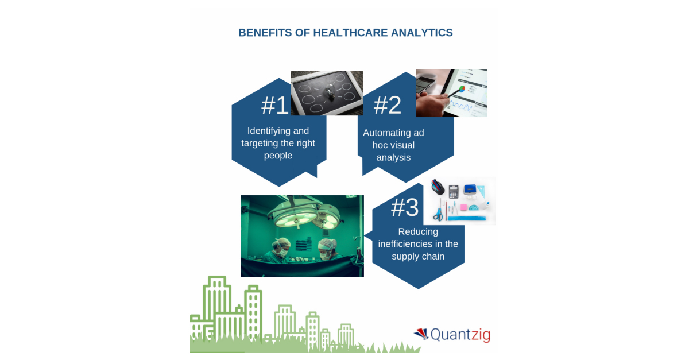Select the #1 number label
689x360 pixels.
[x=275, y=106]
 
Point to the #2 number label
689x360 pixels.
[x=388, y=105]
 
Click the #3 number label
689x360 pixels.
[x=405, y=207]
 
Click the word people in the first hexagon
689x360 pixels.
[x=278, y=155]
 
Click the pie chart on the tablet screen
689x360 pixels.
[x=462, y=90]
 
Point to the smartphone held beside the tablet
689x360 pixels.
[x=428, y=83]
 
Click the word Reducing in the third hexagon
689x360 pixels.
[x=418, y=231]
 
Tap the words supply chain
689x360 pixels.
[x=418, y=256]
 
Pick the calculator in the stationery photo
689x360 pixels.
[x=454, y=192]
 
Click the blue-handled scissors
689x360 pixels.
[x=438, y=212]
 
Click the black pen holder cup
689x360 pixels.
[x=438, y=188]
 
